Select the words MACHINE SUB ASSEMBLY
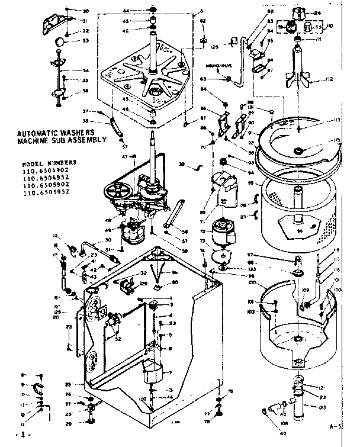[x=62, y=140]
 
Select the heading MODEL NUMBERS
[x=49, y=162]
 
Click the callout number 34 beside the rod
[x=85, y=70]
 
